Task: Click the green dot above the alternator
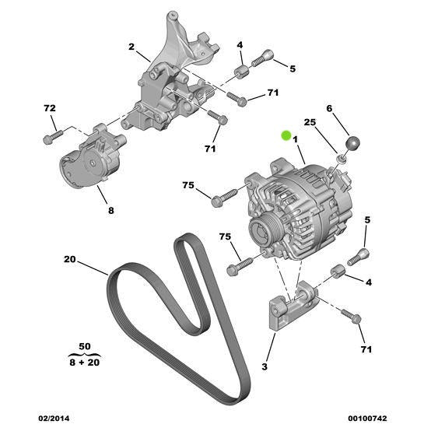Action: [286, 135]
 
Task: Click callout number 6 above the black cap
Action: [329, 110]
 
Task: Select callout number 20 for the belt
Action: [68, 261]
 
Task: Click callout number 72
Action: [50, 108]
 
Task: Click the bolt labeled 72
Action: [48, 138]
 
